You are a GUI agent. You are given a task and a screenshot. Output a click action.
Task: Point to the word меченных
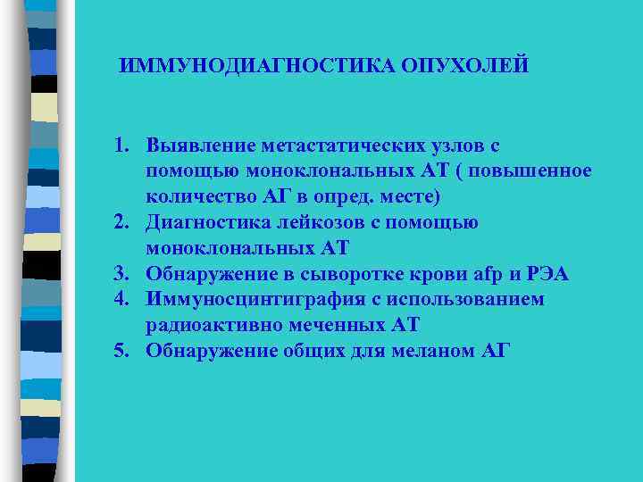pos(335,325)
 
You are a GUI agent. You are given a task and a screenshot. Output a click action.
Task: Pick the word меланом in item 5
pos(431,351)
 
